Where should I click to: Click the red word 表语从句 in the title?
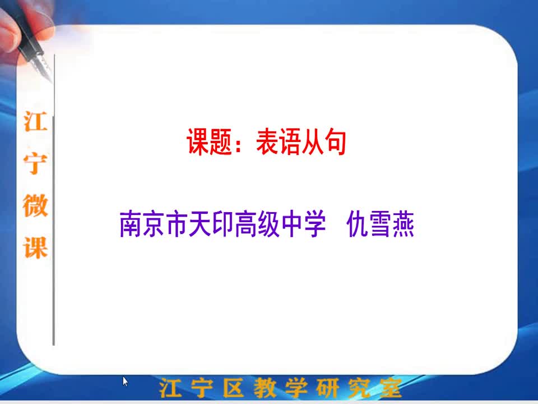point(301,141)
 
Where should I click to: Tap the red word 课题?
point(209,141)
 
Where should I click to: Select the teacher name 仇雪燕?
point(381,224)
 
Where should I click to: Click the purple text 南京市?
point(154,224)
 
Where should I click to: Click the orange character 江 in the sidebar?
point(35,121)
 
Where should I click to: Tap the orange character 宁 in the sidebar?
point(35,163)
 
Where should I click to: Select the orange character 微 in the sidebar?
point(35,205)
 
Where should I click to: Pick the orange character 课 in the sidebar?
point(35,247)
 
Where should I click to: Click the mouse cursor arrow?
point(125,382)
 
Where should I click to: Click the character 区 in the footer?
point(233,388)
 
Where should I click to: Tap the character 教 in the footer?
point(265,388)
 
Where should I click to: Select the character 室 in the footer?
point(391,388)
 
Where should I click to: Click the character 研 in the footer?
point(328,388)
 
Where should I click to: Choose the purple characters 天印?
point(211,224)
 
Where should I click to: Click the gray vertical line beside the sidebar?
point(54,199)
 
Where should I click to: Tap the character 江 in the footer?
point(170,388)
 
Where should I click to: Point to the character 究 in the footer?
point(359,388)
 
